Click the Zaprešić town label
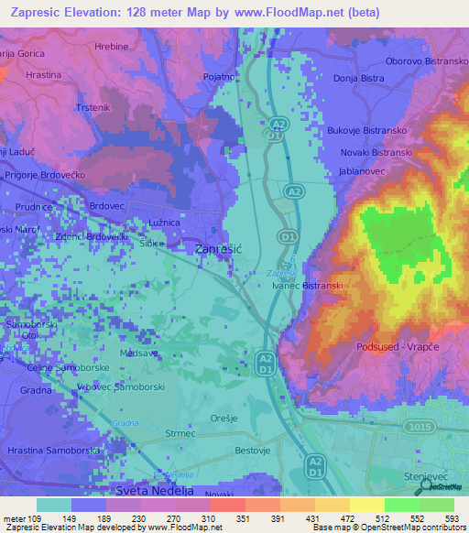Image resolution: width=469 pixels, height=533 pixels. (218, 248)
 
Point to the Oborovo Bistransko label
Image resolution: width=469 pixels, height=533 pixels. (427, 60)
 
